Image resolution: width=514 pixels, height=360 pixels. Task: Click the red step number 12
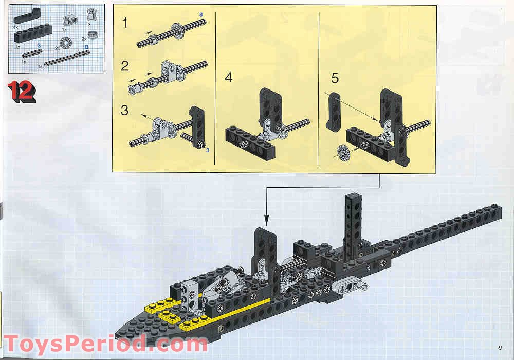pos(22,92)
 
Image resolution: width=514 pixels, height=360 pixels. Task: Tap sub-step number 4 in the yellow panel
pos(229,78)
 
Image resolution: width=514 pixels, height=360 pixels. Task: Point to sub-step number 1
pos(125,23)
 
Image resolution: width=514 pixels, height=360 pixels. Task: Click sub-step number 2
pos(125,65)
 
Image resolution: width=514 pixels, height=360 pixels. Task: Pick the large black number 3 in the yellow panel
pos(125,110)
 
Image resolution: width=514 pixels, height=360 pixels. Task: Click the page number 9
pos(500,346)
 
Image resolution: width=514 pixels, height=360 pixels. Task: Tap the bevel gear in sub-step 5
pos(340,152)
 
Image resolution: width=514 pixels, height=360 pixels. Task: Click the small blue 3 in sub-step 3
pos(207,150)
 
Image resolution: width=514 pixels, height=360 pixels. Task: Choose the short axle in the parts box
pos(32,53)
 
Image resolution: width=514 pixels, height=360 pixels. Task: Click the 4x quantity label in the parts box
pos(15,26)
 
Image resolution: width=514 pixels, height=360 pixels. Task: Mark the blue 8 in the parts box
pos(86,47)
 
